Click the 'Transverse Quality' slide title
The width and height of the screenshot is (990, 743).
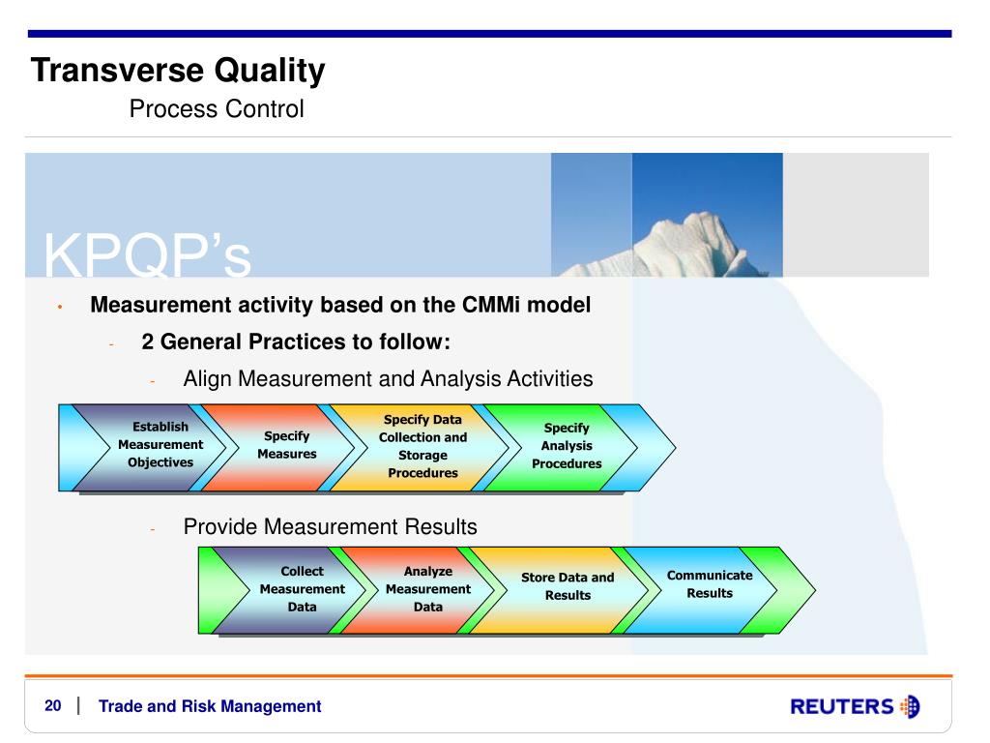tap(178, 71)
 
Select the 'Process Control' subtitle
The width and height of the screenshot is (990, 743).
tap(217, 108)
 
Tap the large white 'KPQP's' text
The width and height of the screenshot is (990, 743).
tap(147, 255)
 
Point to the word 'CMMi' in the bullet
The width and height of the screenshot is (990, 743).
tap(491, 305)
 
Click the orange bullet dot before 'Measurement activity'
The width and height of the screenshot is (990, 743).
tap(60, 307)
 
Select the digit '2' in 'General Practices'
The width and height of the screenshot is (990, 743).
tap(148, 342)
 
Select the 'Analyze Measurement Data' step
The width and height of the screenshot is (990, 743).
tap(419, 590)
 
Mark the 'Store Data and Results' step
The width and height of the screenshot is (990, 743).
tap(560, 590)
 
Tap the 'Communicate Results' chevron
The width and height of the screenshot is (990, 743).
tap(701, 590)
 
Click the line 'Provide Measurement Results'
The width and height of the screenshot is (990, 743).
tap(331, 527)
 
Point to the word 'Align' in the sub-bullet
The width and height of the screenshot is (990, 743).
tap(207, 379)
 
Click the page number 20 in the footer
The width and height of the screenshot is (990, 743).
tap(53, 705)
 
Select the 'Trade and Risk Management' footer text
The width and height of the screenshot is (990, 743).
tap(210, 706)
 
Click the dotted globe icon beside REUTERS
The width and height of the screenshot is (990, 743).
tap(911, 706)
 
